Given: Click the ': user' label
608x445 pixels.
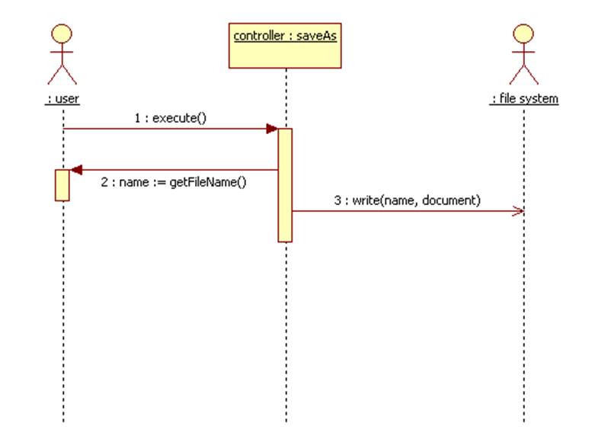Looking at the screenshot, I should pos(62,99).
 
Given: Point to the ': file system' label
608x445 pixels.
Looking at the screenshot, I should pos(524,99).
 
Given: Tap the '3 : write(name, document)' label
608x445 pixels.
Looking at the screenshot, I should pos(408,200).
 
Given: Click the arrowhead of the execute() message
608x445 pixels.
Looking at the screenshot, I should pos(271,129).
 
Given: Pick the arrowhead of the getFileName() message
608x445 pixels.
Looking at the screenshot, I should pos(75,170).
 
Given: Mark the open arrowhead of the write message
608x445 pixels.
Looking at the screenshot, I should pos(518,211).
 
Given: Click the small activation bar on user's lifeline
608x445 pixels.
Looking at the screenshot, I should pos(62,185).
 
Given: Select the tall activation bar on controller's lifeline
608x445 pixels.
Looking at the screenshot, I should pos(285,185).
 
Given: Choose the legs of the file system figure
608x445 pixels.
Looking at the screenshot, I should pos(523,74).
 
